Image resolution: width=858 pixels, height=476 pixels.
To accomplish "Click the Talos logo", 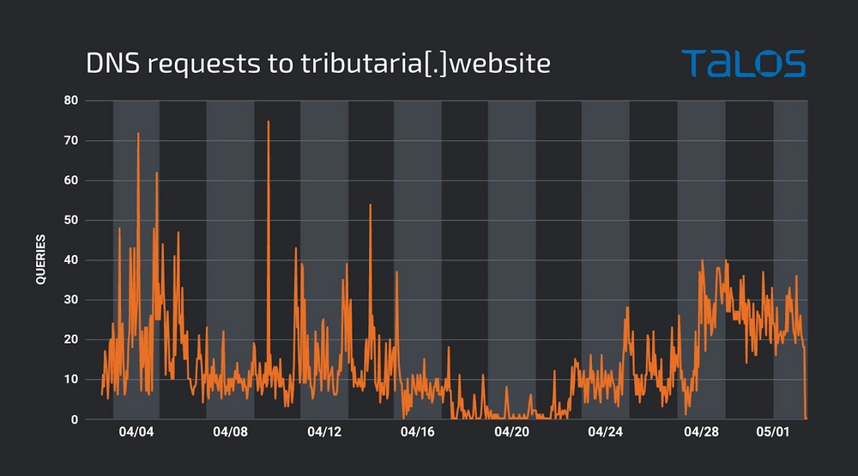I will tap(743, 64).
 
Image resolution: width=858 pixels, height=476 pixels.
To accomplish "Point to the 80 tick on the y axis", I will tap(70, 101).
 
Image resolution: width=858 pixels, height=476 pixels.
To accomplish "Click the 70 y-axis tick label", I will tap(70, 140).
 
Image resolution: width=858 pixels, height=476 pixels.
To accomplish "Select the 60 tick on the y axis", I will tap(70, 180).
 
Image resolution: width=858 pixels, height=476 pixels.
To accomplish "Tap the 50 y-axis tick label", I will tap(70, 220).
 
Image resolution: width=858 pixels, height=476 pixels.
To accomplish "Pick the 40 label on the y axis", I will tap(70, 259).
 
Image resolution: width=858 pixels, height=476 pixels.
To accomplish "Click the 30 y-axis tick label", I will tap(70, 300).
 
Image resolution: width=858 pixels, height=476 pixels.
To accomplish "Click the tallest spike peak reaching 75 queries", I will tap(269, 121).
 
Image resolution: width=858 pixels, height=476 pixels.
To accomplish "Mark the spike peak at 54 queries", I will tap(371, 204).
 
